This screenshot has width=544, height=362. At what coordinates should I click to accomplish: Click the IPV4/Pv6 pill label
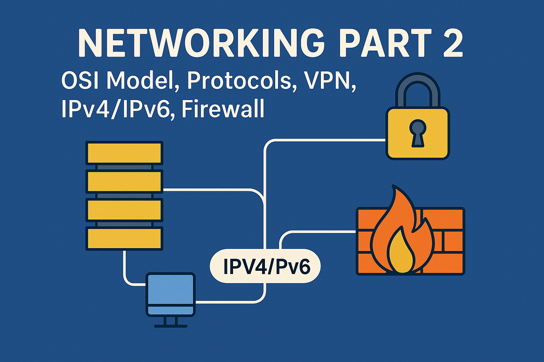click(x=265, y=266)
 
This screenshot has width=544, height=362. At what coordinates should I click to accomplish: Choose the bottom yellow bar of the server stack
click(x=124, y=239)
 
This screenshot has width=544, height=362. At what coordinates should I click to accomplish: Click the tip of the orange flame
click(x=393, y=187)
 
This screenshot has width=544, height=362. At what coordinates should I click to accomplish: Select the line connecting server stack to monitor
click(x=126, y=272)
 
